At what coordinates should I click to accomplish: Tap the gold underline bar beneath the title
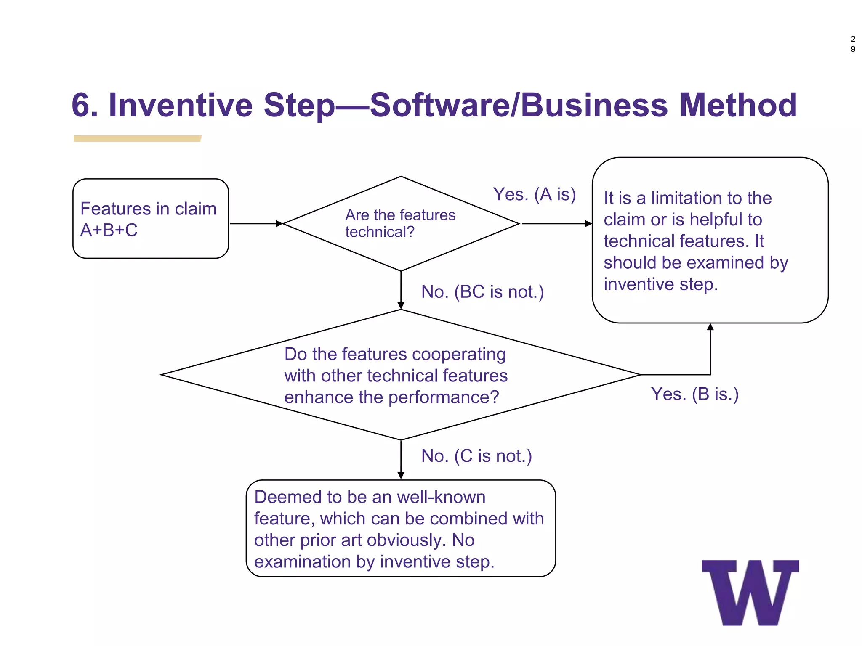point(137,139)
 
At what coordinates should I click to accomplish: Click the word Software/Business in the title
point(519,105)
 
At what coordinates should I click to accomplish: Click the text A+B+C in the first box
point(109,230)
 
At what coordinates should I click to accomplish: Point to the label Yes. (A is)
point(534,194)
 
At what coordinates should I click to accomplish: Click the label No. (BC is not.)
point(482,292)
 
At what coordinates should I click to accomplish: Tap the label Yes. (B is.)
point(694,394)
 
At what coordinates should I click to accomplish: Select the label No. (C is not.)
point(476,456)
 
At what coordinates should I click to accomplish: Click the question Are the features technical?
point(400,223)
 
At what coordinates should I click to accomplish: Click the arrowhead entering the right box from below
point(710,327)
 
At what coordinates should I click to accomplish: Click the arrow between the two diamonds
point(401,290)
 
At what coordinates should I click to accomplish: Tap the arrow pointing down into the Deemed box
point(401,460)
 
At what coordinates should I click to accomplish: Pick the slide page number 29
point(853,44)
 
